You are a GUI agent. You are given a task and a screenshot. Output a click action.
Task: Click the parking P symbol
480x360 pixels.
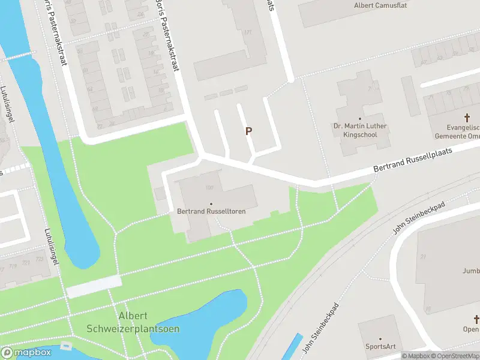click(x=248, y=131)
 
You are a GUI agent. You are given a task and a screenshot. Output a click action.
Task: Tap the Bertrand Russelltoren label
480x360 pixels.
click(x=211, y=211)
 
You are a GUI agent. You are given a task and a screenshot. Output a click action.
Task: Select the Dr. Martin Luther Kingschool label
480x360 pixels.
click(x=360, y=130)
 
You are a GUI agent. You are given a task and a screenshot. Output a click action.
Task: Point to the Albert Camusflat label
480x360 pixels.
click(x=380, y=5)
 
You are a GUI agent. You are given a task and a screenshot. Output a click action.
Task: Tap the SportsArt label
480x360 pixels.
click(x=380, y=346)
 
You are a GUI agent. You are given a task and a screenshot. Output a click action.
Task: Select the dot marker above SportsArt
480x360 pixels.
click(x=380, y=338)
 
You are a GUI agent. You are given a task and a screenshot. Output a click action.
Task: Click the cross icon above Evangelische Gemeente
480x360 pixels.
click(x=466, y=118)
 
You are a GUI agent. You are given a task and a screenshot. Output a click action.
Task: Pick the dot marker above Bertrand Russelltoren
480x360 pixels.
click(x=211, y=204)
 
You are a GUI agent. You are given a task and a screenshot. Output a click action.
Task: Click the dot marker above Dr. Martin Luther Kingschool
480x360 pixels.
click(x=360, y=119)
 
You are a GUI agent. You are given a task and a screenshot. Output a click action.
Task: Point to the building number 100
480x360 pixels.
click(x=209, y=189)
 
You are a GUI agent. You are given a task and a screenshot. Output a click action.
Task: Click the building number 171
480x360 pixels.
click(x=247, y=31)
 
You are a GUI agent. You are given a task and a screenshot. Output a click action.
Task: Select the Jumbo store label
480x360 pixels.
click(x=470, y=271)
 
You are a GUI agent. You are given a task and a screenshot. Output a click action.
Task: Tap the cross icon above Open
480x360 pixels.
click(x=476, y=320)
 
